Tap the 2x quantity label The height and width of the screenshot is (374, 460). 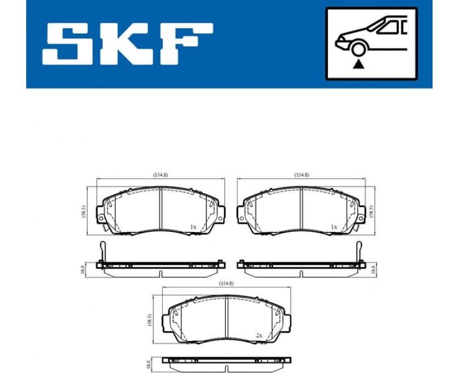tap(258, 335)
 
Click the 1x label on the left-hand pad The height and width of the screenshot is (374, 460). tap(193, 227)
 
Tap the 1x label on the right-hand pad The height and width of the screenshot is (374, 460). tap(334, 227)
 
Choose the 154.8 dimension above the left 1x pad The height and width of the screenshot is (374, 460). tap(161, 175)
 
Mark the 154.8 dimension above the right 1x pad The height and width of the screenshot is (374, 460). tap(302, 175)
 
